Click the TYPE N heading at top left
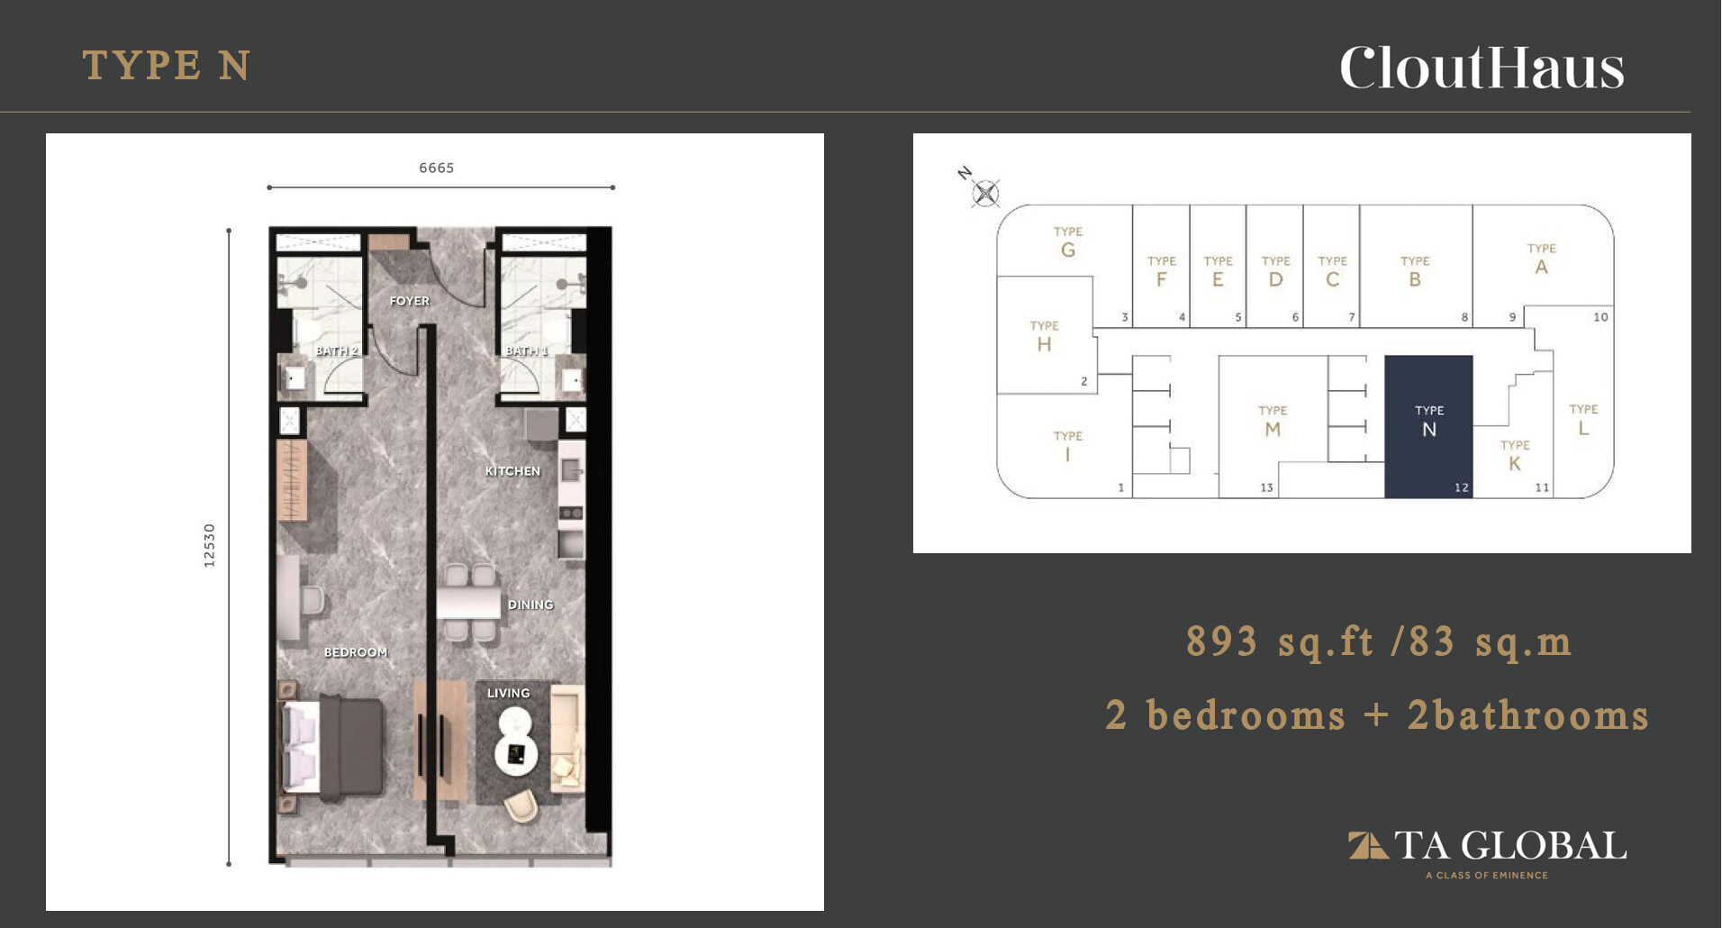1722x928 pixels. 167,66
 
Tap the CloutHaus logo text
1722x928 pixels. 1482,68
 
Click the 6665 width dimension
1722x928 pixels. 437,168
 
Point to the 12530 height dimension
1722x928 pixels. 209,545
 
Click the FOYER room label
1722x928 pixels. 410,301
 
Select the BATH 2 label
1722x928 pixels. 337,350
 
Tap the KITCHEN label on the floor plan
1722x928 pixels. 512,471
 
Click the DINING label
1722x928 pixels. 530,605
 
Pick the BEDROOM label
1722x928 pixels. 356,652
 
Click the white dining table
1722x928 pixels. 469,603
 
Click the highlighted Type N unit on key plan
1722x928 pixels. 1428,426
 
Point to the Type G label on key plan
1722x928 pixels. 1068,242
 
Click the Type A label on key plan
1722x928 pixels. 1541,259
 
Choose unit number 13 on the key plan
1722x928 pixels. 1266,487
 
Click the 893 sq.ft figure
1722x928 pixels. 1280,641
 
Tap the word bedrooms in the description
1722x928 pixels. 1246,715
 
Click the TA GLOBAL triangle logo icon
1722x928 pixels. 1367,846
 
